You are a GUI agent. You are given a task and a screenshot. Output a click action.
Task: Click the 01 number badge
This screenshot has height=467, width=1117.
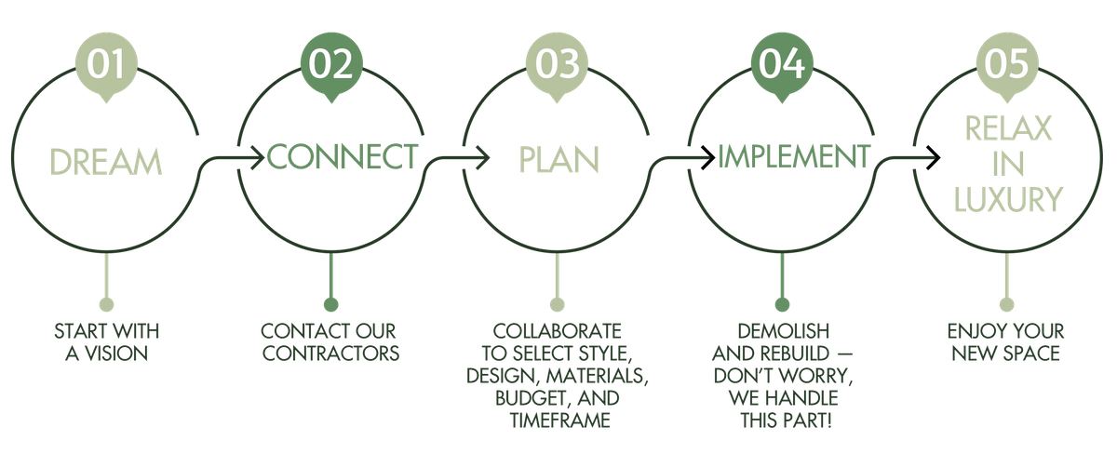[x=106, y=66]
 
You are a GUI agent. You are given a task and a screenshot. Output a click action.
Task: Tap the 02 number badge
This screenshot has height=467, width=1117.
[x=331, y=66]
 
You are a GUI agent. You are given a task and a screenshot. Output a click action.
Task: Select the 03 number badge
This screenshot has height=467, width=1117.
[x=557, y=66]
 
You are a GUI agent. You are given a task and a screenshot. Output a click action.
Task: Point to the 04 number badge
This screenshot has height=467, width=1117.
[x=782, y=66]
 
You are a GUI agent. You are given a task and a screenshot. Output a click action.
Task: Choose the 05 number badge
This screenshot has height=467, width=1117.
[x=1007, y=66]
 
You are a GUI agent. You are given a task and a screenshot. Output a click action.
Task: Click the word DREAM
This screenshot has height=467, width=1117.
[x=106, y=162]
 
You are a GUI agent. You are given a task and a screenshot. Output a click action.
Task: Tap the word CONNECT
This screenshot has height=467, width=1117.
[x=343, y=156]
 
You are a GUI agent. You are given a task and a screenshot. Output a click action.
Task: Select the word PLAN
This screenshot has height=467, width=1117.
[x=559, y=159]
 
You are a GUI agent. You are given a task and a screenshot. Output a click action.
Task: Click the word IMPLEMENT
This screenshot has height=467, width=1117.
[x=794, y=156]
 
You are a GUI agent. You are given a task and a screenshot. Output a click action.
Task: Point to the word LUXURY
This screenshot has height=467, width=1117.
[x=1008, y=199]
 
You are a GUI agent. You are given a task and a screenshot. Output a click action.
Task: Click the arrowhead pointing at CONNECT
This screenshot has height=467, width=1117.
[x=258, y=158]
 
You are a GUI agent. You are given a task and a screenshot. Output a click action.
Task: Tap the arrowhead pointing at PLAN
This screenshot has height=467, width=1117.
[x=483, y=158]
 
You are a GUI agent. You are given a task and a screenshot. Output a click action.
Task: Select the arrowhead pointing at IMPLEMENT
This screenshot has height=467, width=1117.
[x=708, y=158]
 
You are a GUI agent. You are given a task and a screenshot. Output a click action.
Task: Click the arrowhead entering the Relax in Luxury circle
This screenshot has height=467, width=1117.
[x=934, y=158]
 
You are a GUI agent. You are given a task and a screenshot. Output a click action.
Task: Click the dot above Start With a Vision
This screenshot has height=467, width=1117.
[x=106, y=304]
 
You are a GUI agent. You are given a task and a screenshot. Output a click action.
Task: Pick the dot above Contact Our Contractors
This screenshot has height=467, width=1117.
[x=331, y=304]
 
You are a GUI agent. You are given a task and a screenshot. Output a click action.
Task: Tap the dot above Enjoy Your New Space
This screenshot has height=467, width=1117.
[x=1007, y=304]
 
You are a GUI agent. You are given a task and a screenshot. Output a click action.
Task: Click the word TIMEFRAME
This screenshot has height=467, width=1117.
[x=560, y=420]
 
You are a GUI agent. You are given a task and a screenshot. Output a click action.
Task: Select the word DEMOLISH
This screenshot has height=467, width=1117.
[x=784, y=331]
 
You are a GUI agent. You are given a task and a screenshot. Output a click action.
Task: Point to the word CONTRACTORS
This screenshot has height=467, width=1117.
[x=331, y=354]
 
